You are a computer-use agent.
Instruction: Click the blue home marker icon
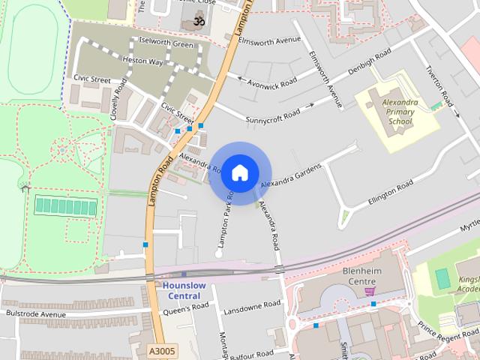tap(239, 172)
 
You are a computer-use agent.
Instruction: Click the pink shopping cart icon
tap(369, 289)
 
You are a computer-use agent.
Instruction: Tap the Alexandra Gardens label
tap(290, 175)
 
